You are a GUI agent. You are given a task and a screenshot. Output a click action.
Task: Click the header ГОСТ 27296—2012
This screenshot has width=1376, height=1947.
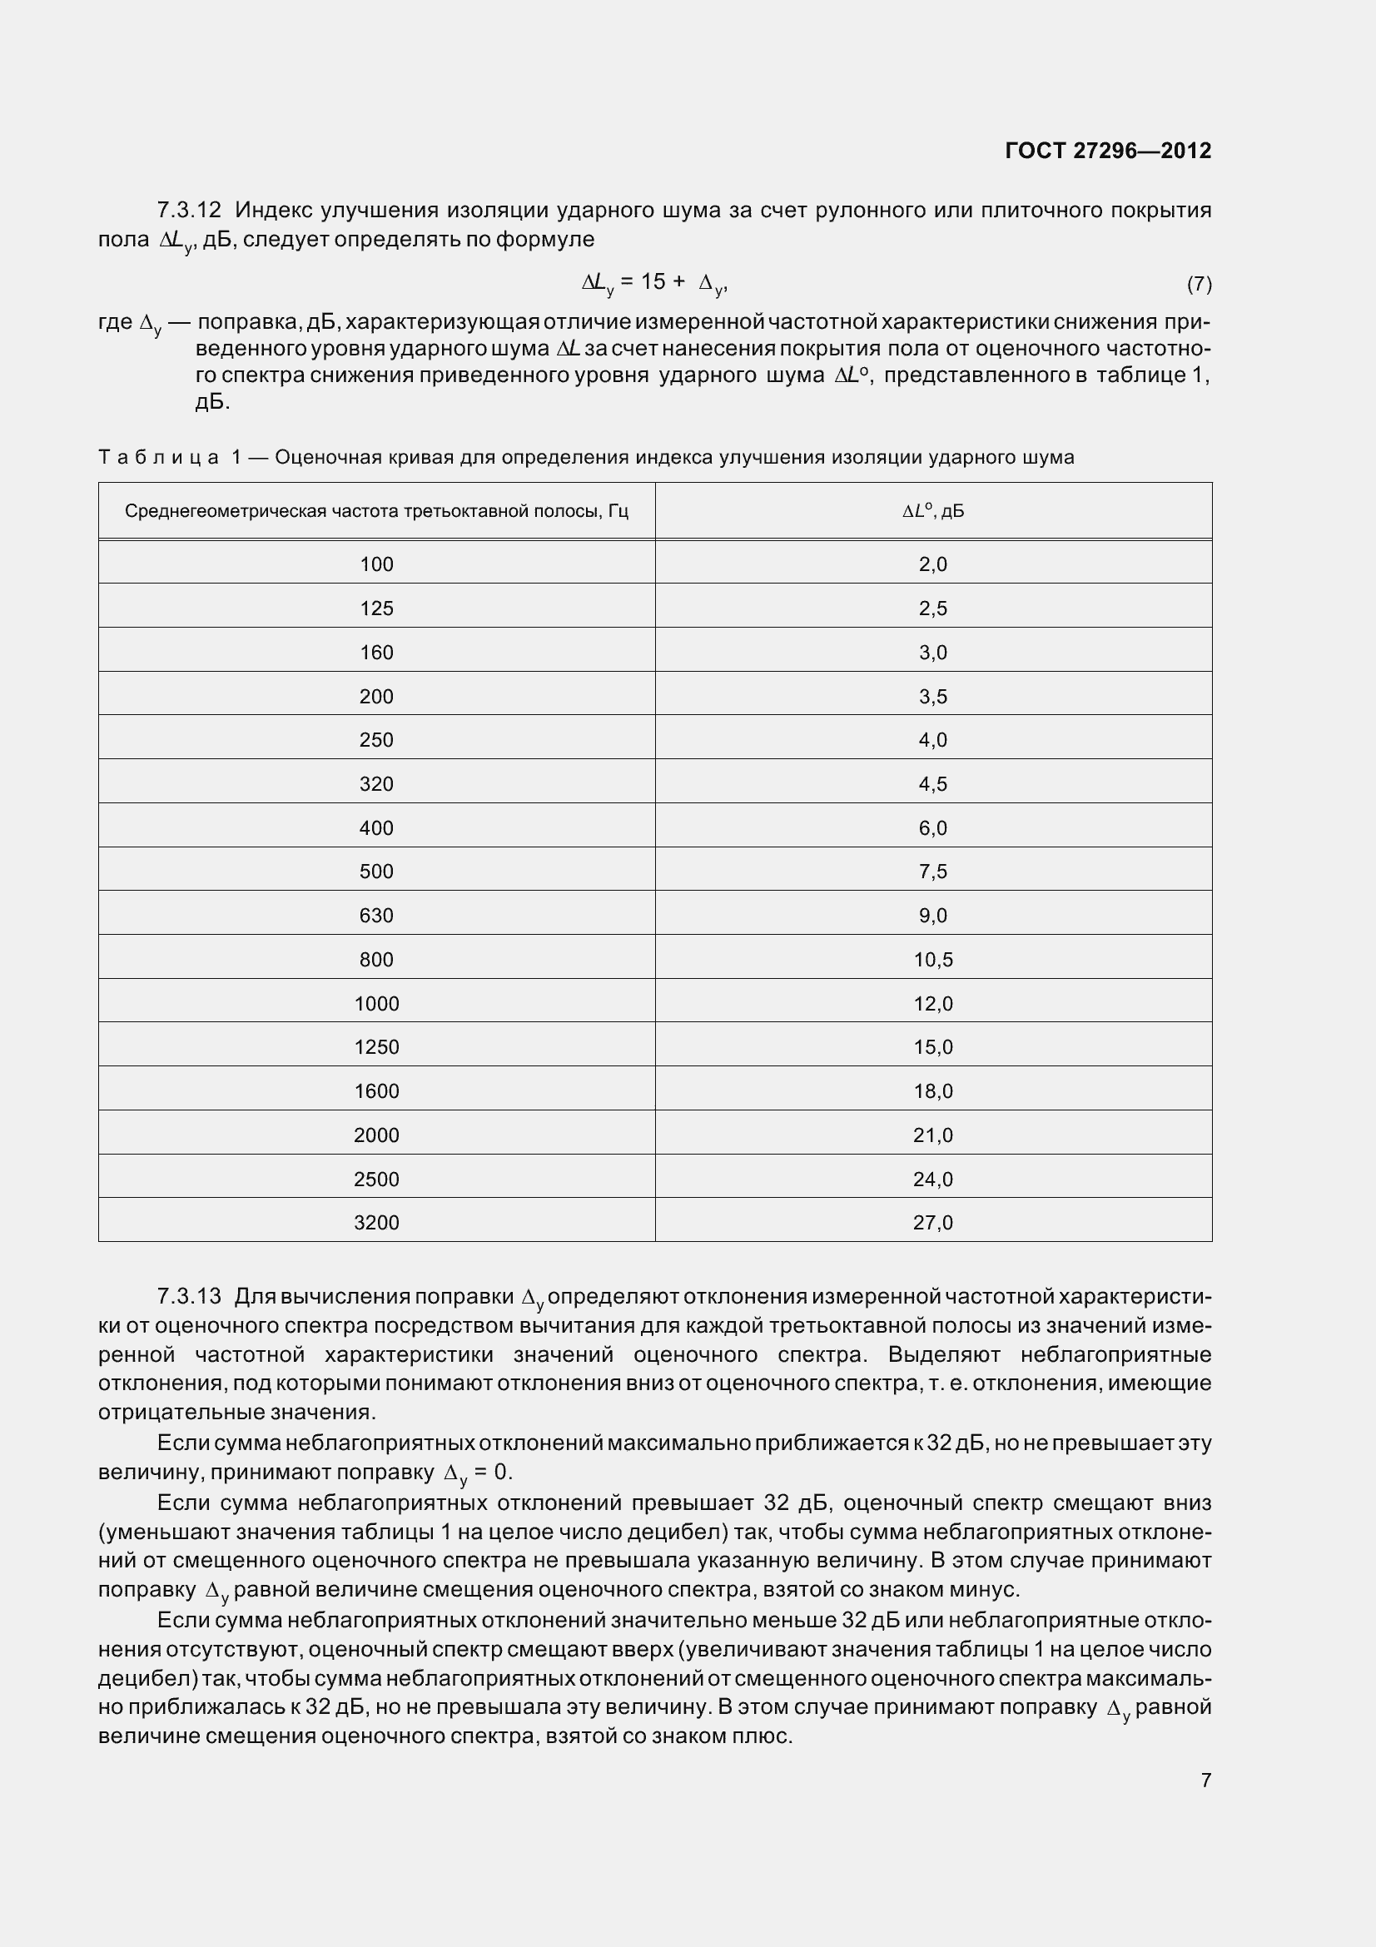(1107, 151)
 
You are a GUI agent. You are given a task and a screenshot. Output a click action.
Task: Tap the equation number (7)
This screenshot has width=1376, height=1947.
(1199, 284)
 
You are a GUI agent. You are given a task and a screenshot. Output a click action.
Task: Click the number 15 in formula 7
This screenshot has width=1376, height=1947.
(653, 282)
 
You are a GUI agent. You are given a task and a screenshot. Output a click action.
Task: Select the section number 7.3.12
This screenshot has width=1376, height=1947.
(188, 210)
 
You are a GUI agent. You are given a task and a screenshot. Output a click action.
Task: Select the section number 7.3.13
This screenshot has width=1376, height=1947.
(188, 1297)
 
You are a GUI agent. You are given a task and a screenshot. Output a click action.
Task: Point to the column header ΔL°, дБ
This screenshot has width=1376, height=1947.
(932, 511)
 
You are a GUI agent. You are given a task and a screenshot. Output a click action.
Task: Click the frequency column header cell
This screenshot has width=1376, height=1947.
(376, 511)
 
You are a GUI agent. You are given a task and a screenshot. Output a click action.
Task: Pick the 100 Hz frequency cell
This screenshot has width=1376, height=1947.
(376, 564)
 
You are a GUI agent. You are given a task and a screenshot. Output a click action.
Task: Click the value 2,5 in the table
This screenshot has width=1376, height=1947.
(932, 608)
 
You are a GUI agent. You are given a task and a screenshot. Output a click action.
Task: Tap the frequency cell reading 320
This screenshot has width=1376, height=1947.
(376, 784)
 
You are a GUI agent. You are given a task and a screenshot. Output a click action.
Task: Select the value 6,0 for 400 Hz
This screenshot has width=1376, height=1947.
(932, 828)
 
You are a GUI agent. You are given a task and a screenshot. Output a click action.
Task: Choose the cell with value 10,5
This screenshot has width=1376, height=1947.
(932, 960)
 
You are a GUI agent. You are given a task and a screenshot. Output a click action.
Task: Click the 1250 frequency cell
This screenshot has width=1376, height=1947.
(376, 1047)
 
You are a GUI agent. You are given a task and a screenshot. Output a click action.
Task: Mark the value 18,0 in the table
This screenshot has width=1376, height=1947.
(932, 1091)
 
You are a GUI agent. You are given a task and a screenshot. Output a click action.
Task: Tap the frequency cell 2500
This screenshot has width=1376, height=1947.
(376, 1180)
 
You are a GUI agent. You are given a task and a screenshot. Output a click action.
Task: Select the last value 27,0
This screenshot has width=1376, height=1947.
(932, 1223)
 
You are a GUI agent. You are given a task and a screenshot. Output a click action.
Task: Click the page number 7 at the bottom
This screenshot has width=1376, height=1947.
(1205, 1780)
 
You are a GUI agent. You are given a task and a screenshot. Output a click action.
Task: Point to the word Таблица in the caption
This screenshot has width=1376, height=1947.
(159, 458)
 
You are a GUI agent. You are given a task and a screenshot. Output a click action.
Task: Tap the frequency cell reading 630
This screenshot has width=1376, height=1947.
(376, 916)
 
